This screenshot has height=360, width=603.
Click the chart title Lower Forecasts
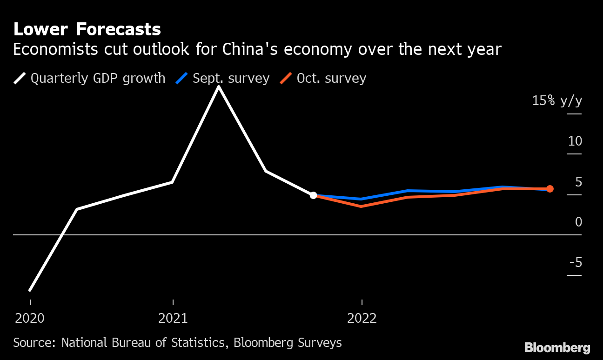click(87, 30)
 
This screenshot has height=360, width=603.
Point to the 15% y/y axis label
click(557, 100)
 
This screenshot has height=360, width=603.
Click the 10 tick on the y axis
click(575, 140)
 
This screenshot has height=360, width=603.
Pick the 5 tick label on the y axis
click(578, 182)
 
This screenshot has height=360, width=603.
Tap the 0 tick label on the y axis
click(578, 222)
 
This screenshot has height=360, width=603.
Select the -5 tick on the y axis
click(576, 263)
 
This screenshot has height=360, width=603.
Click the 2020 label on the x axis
click(30, 319)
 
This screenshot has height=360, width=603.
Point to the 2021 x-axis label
click(173, 319)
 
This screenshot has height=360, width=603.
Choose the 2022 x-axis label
click(362, 319)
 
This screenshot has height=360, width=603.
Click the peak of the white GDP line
click(218, 87)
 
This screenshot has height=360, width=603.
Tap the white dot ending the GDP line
click(314, 195)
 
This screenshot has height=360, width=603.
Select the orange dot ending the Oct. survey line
click(549, 189)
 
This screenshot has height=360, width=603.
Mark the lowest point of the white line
click(30, 290)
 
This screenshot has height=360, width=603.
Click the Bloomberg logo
click(557, 347)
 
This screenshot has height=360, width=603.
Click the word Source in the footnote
click(33, 343)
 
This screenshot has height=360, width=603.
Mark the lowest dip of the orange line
click(361, 206)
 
